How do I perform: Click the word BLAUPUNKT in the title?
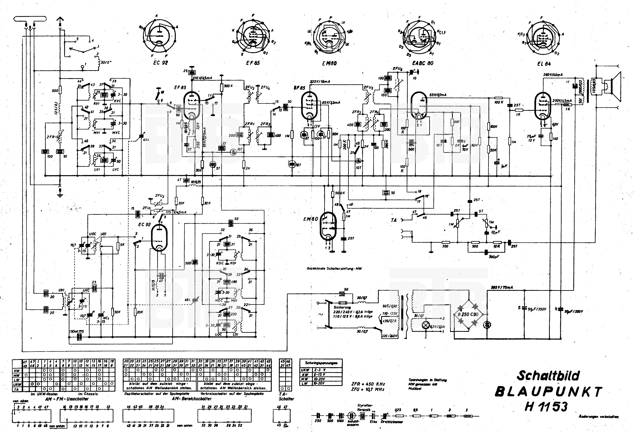click(x=548, y=392)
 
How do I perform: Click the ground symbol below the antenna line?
click(x=61, y=194)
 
